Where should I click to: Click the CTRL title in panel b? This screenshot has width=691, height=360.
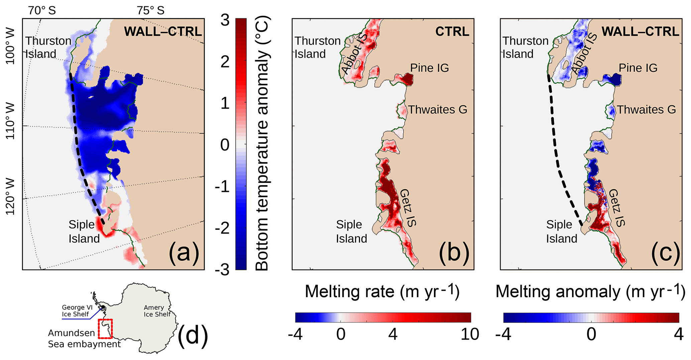(452, 31)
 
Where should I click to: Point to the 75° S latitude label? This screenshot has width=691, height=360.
(150, 10)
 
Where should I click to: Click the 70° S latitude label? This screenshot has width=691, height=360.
(42, 10)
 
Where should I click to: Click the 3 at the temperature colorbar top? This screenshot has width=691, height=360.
(225, 20)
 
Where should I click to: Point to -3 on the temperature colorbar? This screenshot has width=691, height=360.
(222, 269)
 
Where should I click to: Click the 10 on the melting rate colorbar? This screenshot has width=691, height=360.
(470, 334)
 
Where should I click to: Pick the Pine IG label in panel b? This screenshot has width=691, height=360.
(430, 68)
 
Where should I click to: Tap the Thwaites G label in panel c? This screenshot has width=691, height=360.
(646, 110)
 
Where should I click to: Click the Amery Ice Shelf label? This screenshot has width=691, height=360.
(157, 311)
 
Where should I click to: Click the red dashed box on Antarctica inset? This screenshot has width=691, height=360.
(105, 329)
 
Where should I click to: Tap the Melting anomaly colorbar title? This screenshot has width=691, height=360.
(590, 291)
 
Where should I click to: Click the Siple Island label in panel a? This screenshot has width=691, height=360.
(84, 231)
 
